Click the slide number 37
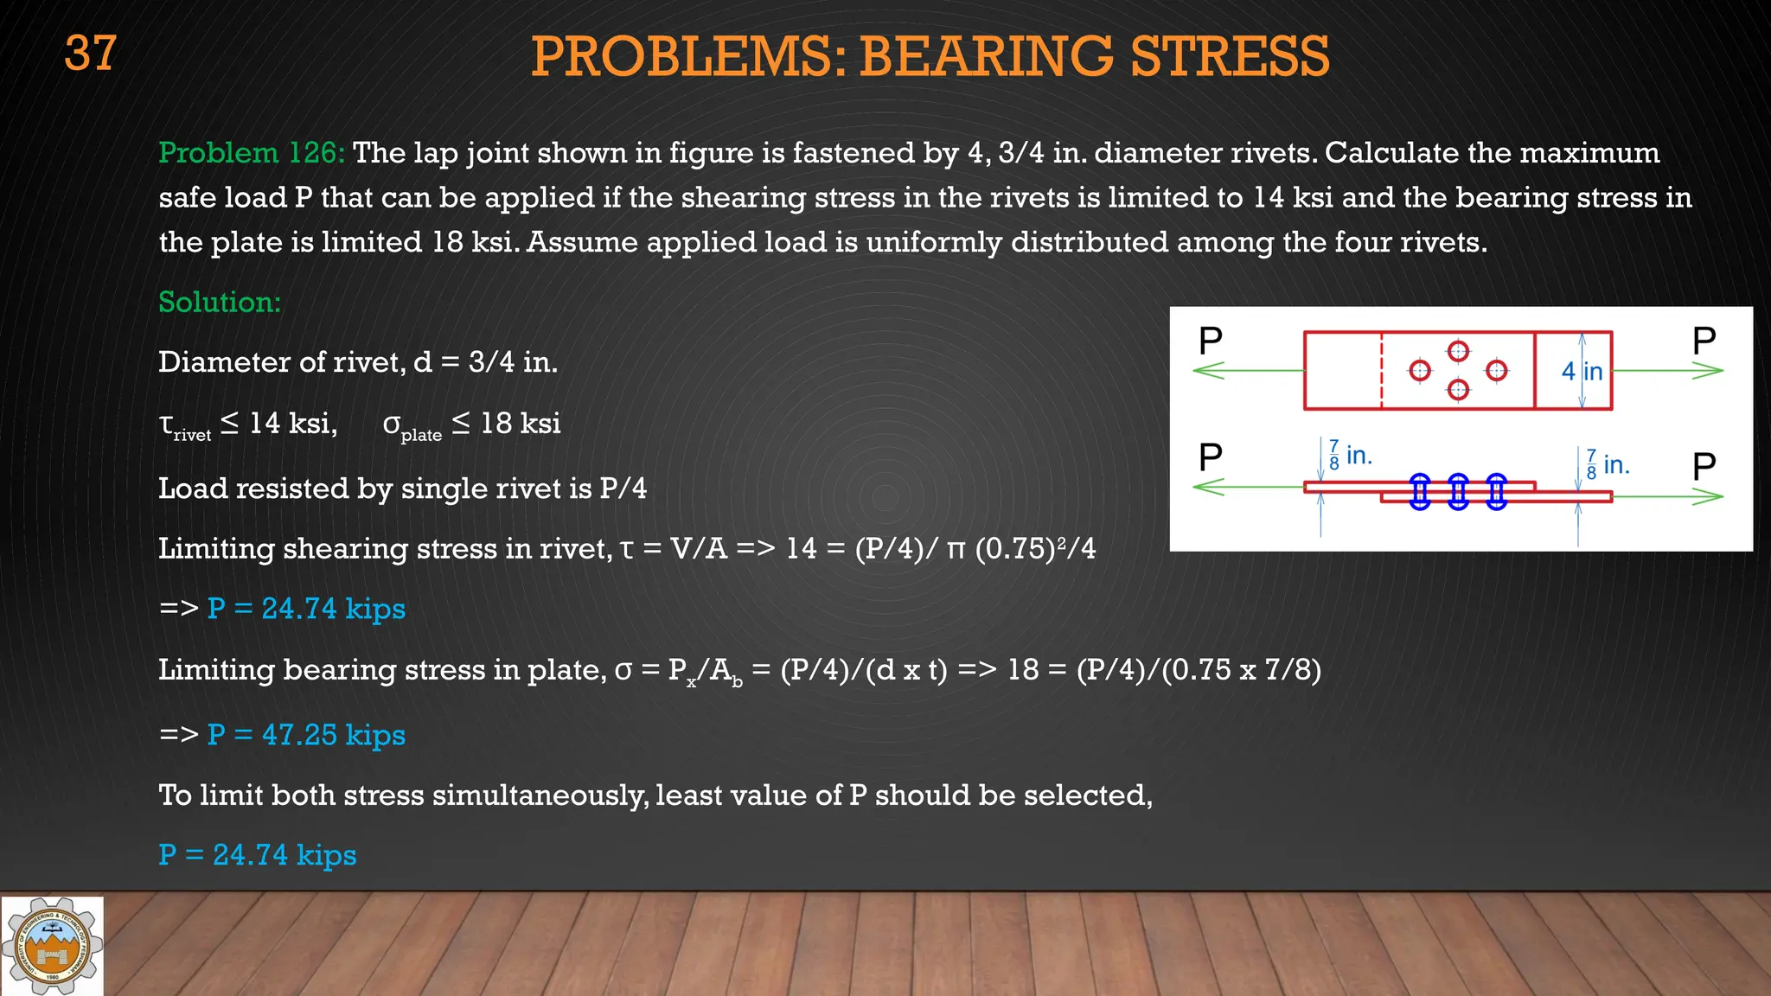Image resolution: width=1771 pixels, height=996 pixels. [x=90, y=54]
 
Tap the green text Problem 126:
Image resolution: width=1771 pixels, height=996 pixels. [x=252, y=153]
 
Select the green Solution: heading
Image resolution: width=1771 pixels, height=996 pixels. [x=220, y=302]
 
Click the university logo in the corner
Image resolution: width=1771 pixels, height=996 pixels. [x=52, y=946]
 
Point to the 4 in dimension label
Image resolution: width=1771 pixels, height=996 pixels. [x=1582, y=371]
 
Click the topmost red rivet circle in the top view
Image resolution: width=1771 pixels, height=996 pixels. [x=1458, y=351]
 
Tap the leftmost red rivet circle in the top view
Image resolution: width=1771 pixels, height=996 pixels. [x=1420, y=371]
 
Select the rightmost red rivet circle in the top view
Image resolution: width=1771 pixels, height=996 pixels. [x=1497, y=371]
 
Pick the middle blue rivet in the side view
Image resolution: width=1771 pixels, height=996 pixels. [x=1458, y=492]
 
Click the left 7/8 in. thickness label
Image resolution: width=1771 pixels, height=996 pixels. [x=1350, y=455]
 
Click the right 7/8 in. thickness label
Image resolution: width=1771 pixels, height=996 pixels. [x=1608, y=464]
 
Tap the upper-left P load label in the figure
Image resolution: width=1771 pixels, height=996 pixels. [x=1211, y=341]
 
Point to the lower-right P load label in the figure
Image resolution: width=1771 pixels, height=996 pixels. [x=1704, y=467]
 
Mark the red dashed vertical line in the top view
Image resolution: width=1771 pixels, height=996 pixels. [x=1381, y=371]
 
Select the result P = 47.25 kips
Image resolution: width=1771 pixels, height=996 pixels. [x=306, y=735]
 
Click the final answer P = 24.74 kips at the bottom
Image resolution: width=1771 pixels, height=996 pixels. [x=258, y=855]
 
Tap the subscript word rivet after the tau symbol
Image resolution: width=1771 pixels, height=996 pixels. [x=192, y=435]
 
